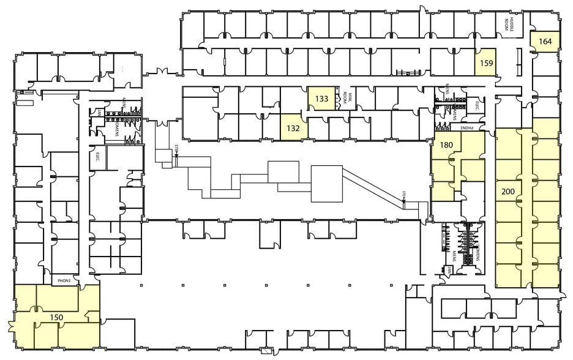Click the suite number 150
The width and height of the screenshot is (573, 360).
56,317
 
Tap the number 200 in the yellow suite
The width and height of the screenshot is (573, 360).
507,191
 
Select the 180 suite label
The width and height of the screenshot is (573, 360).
446,144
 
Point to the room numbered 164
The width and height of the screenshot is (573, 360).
545,42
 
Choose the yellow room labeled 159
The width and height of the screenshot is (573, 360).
486,62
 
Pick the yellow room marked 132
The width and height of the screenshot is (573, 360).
292,128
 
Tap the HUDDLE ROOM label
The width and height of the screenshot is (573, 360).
509,24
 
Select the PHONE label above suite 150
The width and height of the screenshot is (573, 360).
64,281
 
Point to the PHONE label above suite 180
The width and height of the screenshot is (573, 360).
468,128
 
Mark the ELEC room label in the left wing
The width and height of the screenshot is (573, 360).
97,156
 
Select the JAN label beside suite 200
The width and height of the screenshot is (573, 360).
448,269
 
